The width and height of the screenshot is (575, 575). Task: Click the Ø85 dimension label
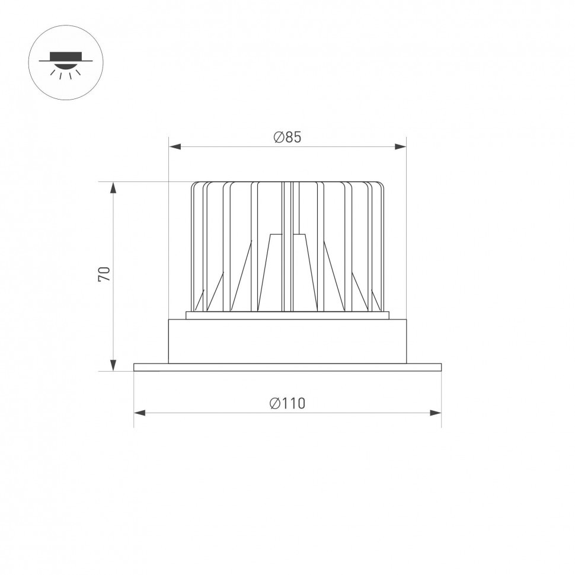coord(287,138)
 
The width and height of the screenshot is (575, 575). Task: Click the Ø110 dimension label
coord(287,404)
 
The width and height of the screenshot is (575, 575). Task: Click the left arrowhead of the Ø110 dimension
coord(139,412)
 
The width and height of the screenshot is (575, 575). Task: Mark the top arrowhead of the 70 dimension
coord(113,187)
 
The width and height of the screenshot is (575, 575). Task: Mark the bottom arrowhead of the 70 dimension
coord(113,366)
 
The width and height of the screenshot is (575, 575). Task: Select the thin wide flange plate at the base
coord(287,368)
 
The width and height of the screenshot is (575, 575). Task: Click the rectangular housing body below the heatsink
coord(287,341)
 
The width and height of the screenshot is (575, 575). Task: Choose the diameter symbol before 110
coord(274,404)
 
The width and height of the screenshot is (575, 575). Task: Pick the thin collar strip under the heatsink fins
coord(287,315)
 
